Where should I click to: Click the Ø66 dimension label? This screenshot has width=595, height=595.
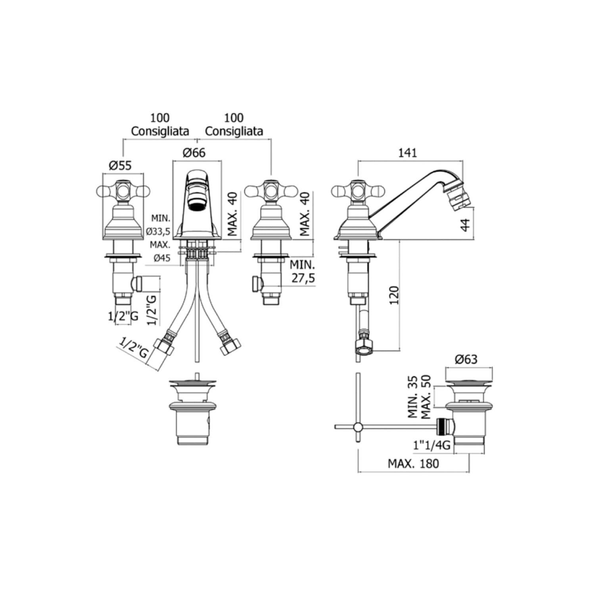[194, 153]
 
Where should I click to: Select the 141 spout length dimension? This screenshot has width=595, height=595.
[408, 153]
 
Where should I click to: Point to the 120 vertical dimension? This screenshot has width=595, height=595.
[394, 295]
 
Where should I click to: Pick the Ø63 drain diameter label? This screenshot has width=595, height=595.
[466, 359]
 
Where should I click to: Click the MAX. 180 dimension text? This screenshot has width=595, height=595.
[413, 463]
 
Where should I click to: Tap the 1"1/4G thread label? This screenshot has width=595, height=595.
[432, 445]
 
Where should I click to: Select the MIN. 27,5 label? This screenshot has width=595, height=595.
[303, 271]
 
